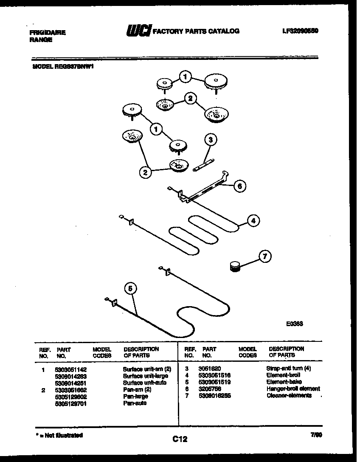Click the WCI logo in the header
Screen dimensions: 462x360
tap(138, 31)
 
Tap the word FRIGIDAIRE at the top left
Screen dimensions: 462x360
tap(48, 32)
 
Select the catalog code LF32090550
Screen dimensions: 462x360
tap(300, 31)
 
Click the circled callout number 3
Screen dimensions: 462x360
tap(210, 140)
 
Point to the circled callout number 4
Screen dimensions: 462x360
tap(253, 220)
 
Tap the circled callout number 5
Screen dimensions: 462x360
tap(131, 288)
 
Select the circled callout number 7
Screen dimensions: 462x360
tap(265, 256)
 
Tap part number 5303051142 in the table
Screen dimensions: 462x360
tap(71, 369)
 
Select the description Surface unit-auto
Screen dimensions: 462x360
tap(144, 383)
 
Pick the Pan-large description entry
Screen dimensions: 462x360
tap(135, 396)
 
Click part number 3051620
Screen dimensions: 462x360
tap(210, 369)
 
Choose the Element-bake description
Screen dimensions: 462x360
tap(284, 382)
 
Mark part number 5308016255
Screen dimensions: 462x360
tap(214, 395)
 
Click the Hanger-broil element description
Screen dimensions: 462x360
tap(293, 389)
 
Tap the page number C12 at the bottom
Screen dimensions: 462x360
tap(180, 439)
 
